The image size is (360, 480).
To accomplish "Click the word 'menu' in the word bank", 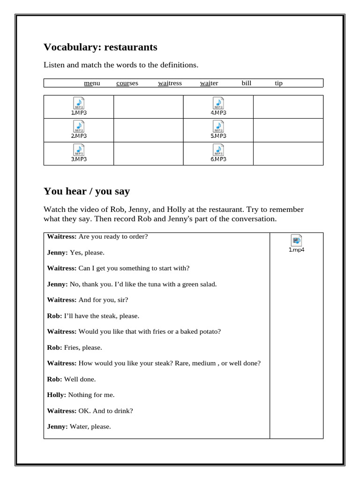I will click(x=92, y=83).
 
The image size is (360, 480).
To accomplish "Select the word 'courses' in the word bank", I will click(x=127, y=83).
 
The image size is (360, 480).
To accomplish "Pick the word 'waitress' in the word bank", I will click(x=170, y=83).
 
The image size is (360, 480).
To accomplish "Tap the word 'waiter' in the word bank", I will click(x=209, y=83).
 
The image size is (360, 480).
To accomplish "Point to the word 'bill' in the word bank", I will click(x=246, y=83).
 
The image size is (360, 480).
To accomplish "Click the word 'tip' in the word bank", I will click(x=278, y=83).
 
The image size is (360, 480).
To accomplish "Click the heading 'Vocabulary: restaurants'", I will click(x=100, y=47).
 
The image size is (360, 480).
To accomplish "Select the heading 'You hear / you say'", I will click(x=87, y=191).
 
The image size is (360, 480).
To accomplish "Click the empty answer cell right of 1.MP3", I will click(x=148, y=107).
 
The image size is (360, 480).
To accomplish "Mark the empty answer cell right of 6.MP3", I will click(x=288, y=154).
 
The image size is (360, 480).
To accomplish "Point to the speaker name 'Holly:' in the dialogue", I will click(x=57, y=395).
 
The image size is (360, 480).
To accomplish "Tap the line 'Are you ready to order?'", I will click(x=113, y=236).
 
